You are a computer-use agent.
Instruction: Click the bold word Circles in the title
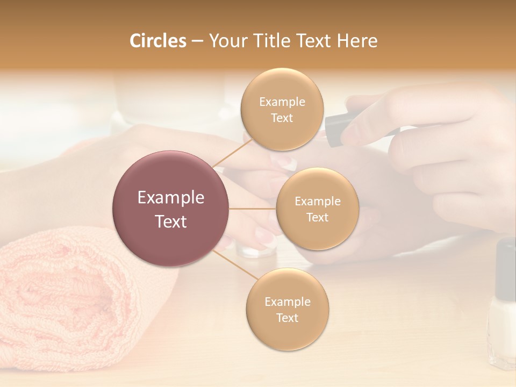point(157,41)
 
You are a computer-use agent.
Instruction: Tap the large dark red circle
point(170,209)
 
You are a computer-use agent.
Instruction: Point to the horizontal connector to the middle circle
point(253,208)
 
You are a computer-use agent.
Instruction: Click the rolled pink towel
point(81,301)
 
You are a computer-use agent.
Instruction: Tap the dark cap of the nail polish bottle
point(505,269)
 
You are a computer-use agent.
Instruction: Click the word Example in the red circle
point(171,198)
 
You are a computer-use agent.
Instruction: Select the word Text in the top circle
point(282,118)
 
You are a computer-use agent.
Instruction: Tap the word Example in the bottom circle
point(287,302)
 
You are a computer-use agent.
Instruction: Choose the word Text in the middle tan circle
point(317,218)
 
